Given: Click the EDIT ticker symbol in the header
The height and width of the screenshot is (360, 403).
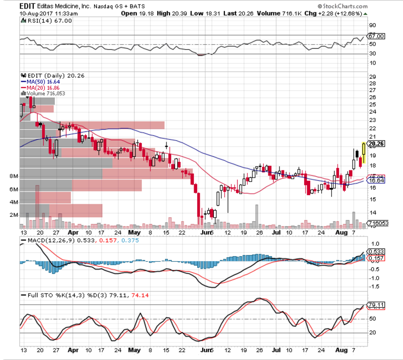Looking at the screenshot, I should point(27,5).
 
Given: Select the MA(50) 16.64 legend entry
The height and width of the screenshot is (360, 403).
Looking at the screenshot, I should point(39,81).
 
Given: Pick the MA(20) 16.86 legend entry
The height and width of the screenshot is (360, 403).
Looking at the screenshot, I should point(39,87).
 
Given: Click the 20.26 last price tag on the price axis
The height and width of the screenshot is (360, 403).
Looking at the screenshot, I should point(376,143).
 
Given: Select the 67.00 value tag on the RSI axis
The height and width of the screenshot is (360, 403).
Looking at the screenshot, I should point(376,36).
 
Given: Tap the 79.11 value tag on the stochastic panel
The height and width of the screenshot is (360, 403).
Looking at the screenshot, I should point(376,305).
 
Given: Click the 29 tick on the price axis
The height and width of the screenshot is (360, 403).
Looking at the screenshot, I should point(373,77).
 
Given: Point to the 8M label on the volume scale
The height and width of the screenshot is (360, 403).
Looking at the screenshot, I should point(14,176).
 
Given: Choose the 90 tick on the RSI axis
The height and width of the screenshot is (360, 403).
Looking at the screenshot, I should point(373,25).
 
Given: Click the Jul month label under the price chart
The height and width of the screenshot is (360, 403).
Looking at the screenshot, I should point(276,233).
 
